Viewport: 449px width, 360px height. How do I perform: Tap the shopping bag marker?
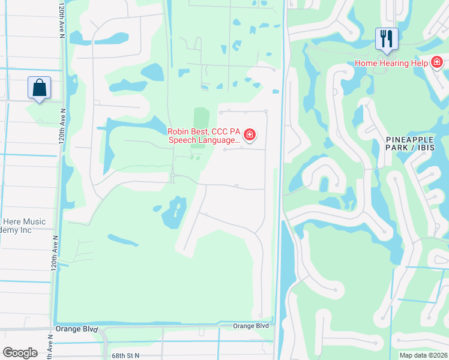(x=39, y=88)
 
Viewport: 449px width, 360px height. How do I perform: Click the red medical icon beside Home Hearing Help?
(x=437, y=62)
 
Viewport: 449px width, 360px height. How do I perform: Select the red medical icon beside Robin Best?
(x=249, y=134)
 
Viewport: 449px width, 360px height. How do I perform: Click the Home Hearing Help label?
(x=391, y=63)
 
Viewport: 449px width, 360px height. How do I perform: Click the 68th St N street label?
(x=125, y=356)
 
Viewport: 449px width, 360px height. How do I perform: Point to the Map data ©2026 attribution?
(x=423, y=355)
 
